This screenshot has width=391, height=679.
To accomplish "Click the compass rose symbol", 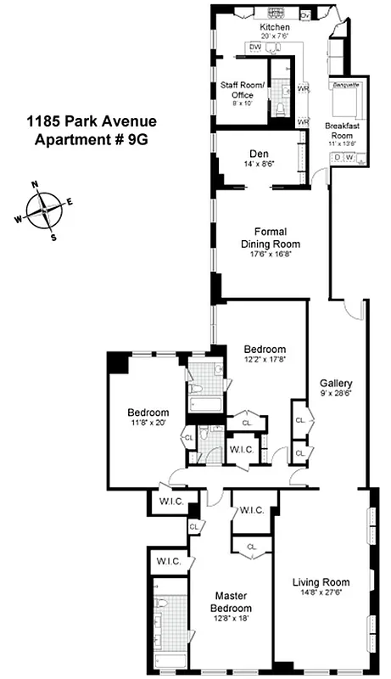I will click(x=42, y=209).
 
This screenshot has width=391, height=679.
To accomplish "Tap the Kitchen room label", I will click(x=274, y=27).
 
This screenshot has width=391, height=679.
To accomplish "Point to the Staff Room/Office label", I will click(x=243, y=90).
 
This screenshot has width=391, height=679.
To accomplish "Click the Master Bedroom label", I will click(x=232, y=601).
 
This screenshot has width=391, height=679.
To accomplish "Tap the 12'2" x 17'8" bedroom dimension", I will click(x=265, y=361).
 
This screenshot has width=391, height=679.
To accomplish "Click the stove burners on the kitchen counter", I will click(x=276, y=14).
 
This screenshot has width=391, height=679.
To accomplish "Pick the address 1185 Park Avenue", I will click(x=90, y=122).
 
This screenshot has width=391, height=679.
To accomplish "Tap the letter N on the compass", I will click(x=35, y=184).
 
